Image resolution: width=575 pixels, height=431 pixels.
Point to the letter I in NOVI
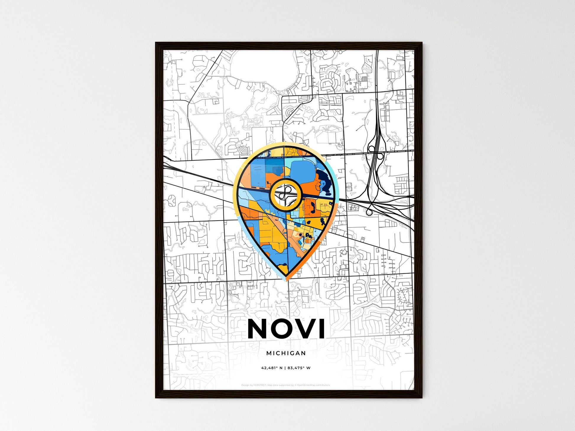(322, 329)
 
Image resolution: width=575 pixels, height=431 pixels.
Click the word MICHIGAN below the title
(286, 353)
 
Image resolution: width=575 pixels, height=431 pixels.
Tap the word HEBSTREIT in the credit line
(260, 385)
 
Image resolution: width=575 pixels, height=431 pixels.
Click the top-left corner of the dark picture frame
(156, 43)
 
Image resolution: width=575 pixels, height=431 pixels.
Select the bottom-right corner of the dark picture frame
(422, 398)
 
